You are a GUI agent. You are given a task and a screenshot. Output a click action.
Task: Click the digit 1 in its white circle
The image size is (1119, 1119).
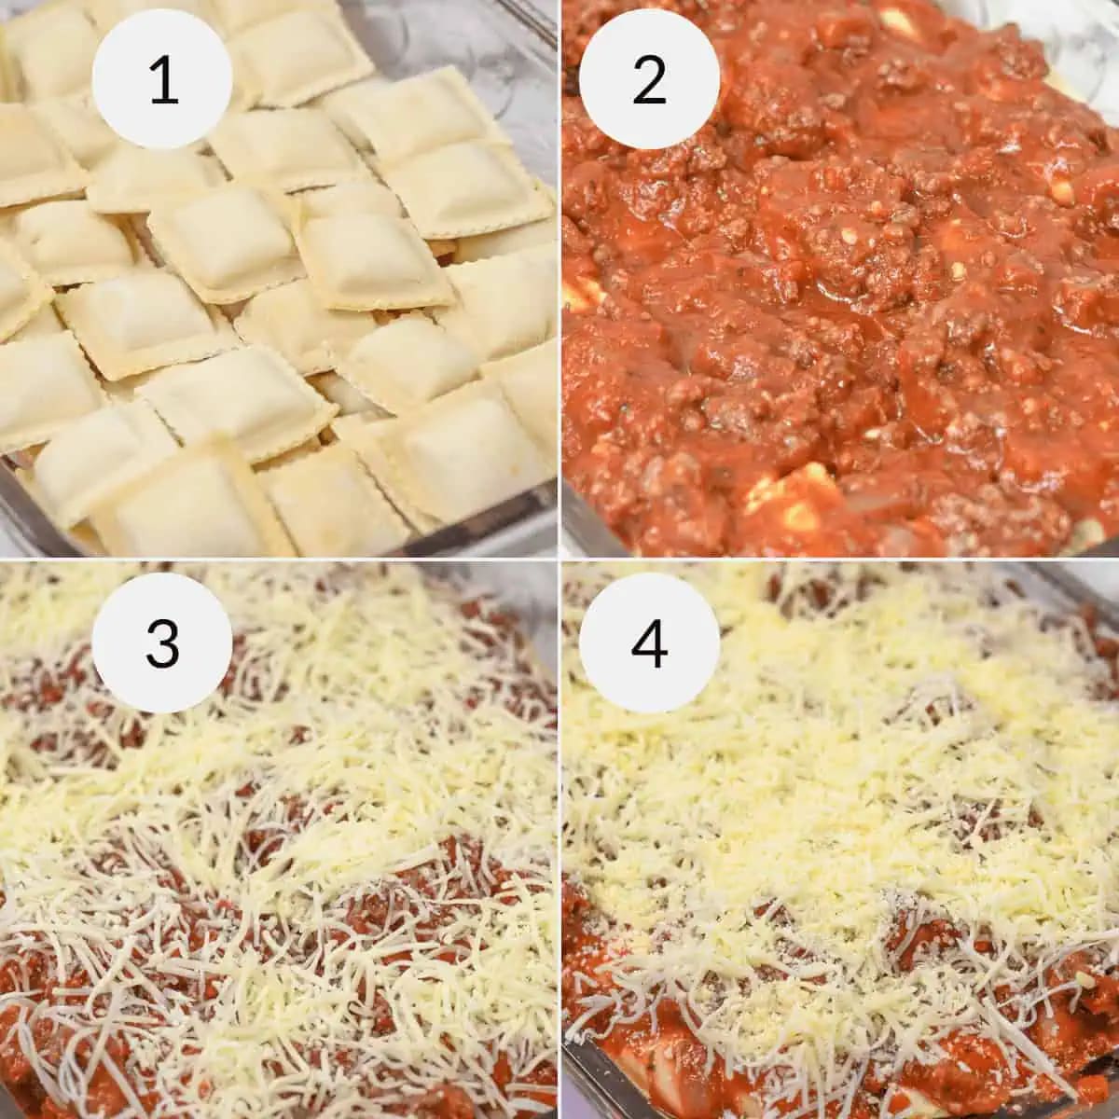tap(163, 81)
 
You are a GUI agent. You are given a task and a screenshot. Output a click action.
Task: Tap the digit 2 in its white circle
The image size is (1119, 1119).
tap(649, 81)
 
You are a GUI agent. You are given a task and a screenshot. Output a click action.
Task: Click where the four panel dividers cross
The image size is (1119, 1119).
tap(559, 559)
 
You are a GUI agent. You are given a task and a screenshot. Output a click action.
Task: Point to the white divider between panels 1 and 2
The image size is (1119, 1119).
tap(559, 280)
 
